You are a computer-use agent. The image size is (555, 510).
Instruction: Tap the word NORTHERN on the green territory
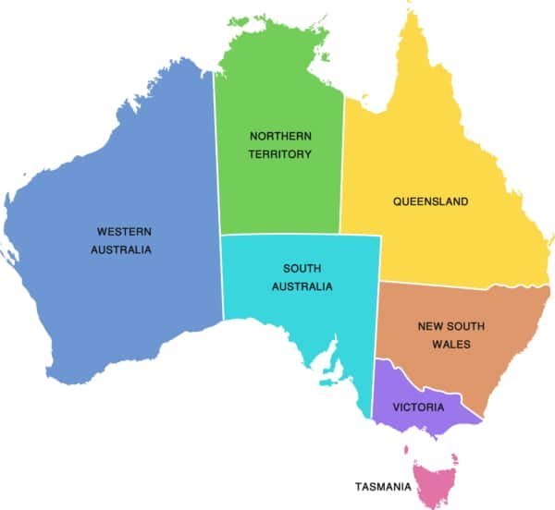[x=279, y=135]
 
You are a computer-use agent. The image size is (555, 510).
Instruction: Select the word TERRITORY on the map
[x=279, y=154]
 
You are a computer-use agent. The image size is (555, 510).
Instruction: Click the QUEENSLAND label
[x=430, y=201]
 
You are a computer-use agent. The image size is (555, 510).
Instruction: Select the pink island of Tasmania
[x=432, y=480]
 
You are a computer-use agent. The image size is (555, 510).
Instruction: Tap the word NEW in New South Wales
[x=431, y=325]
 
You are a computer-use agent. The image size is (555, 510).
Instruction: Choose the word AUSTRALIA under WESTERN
[x=120, y=250]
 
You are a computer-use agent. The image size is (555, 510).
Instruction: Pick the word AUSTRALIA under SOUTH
[x=302, y=286]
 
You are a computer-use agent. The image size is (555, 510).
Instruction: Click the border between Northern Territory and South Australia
[x=277, y=235]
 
